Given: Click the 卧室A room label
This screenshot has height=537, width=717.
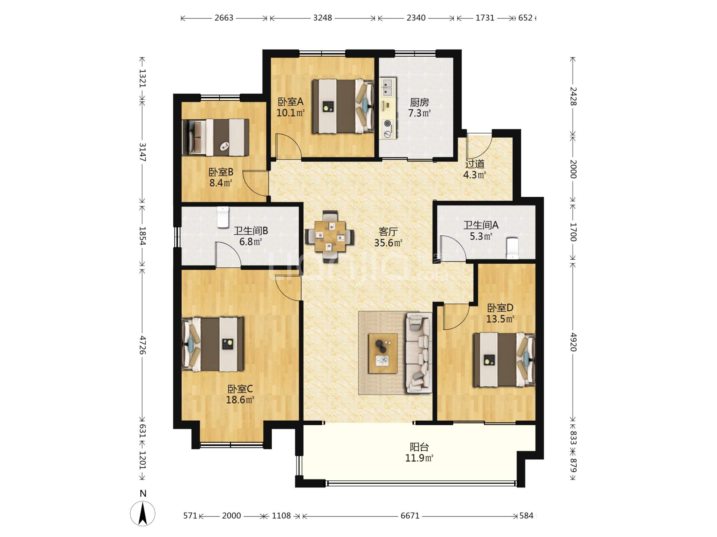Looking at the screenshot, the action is (x=290, y=101).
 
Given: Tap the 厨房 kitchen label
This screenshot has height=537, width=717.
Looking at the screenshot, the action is (x=419, y=102).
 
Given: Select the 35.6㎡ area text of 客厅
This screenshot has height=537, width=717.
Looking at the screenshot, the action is (x=388, y=243).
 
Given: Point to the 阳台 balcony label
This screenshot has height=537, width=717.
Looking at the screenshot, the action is (x=419, y=447).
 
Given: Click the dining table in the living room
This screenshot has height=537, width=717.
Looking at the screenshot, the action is (x=330, y=236).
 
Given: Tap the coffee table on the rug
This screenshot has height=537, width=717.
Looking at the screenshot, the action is (x=383, y=353).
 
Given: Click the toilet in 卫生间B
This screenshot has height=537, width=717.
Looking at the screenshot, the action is (x=223, y=217).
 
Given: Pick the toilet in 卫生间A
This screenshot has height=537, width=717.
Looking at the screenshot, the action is (x=512, y=248).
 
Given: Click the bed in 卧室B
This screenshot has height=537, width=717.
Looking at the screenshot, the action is (x=216, y=137).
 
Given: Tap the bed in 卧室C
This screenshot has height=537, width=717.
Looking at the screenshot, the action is (x=213, y=344).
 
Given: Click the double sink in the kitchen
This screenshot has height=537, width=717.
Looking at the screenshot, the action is (x=388, y=87).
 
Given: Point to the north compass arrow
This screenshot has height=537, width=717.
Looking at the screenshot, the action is (x=142, y=514).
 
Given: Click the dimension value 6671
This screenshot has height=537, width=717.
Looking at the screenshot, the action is (x=410, y=516).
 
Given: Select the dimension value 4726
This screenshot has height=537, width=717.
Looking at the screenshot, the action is (x=143, y=345).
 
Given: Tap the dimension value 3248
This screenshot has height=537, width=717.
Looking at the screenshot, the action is (x=323, y=18).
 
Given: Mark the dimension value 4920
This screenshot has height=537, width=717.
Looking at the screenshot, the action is (x=574, y=342).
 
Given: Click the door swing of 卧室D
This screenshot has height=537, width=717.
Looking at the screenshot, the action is (x=456, y=317).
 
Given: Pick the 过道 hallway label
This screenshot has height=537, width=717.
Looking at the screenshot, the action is (x=475, y=164).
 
